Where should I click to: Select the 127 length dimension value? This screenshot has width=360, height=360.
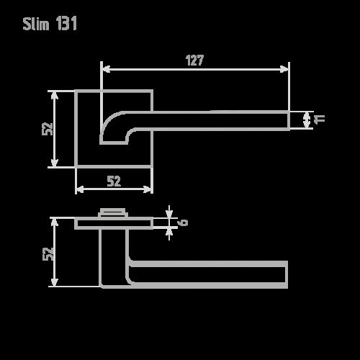(x=194, y=61)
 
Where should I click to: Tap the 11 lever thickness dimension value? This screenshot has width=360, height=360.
(x=321, y=119)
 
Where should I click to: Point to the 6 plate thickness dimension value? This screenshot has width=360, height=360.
(x=184, y=222)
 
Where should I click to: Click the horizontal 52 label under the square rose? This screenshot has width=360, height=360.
(x=114, y=181)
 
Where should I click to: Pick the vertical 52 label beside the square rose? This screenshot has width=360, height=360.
(x=48, y=128)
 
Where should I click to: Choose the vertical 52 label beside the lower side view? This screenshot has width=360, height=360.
(x=48, y=253)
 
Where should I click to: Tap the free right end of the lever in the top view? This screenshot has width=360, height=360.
(x=286, y=120)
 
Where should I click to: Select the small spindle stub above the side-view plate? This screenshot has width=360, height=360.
(x=112, y=212)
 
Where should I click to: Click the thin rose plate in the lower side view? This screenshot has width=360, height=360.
(x=113, y=223)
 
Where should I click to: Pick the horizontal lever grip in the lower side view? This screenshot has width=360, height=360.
(x=209, y=274)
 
